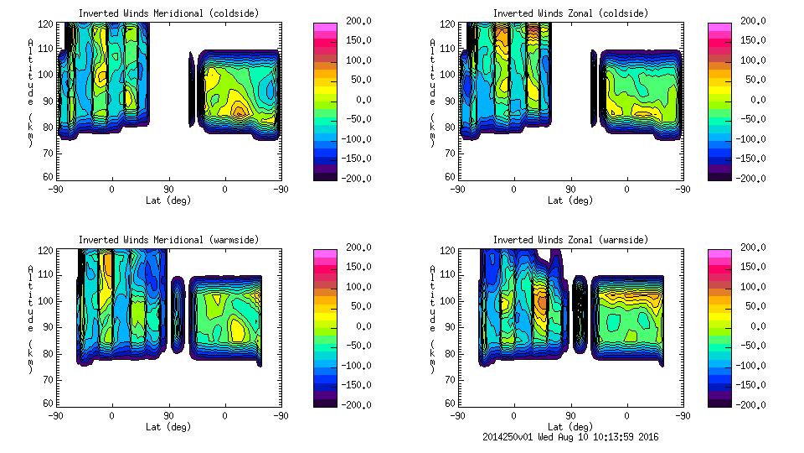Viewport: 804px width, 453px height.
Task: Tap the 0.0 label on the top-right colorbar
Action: click(x=757, y=99)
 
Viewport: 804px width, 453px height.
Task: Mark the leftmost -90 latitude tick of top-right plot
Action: click(x=457, y=189)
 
